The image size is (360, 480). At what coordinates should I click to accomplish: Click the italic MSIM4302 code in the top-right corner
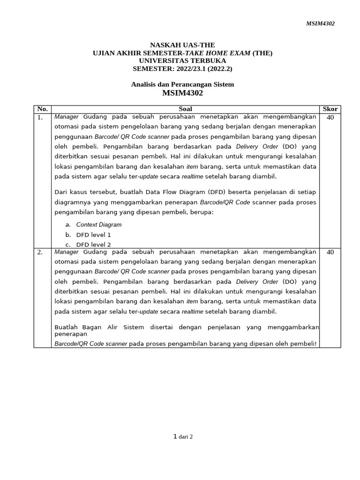pyautogui.click(x=321, y=23)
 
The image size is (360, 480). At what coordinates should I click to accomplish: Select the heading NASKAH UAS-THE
pyautogui.click(x=182, y=45)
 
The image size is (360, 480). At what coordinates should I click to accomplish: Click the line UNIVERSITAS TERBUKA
pyautogui.click(x=182, y=60)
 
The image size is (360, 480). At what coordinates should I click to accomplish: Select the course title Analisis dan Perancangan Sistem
pyautogui.click(x=182, y=84)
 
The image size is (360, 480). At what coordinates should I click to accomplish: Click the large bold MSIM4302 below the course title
pyautogui.click(x=182, y=93)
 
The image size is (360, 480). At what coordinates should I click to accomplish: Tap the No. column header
pyautogui.click(x=42, y=109)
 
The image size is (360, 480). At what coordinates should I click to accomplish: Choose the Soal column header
pyautogui.click(x=185, y=109)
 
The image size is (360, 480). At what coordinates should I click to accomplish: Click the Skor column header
pyautogui.click(x=330, y=109)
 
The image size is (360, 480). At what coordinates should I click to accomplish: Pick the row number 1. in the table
pyautogui.click(x=40, y=118)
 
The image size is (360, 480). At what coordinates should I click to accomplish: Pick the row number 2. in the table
pyautogui.click(x=40, y=252)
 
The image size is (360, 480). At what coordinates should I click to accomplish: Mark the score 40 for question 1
pyautogui.click(x=330, y=118)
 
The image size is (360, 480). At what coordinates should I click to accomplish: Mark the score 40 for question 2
pyautogui.click(x=330, y=252)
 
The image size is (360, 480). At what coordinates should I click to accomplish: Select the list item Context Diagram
pyautogui.click(x=98, y=225)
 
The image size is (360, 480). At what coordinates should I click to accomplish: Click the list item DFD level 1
pyautogui.click(x=93, y=235)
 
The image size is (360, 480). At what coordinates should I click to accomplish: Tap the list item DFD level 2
pyautogui.click(x=93, y=245)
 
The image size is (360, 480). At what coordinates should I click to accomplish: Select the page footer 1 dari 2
pyautogui.click(x=183, y=437)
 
